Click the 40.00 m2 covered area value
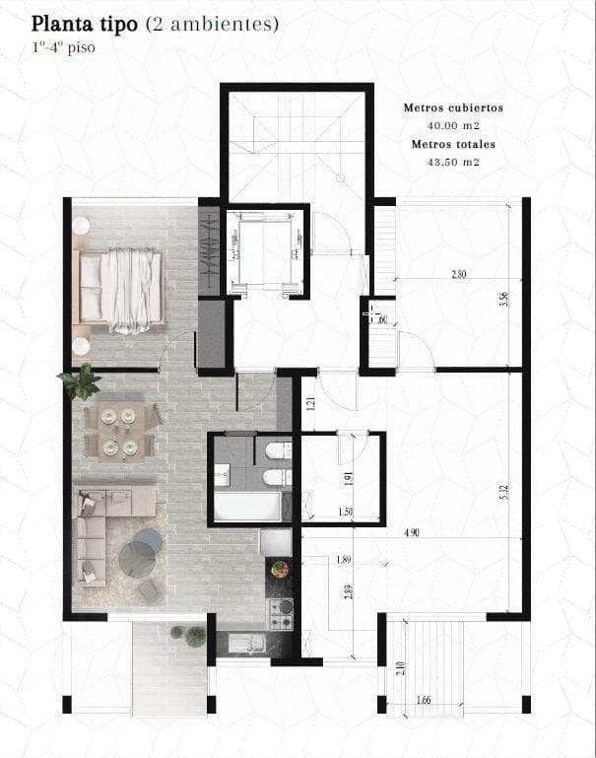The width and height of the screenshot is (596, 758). pos(453,126)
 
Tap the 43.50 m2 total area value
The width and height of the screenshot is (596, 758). pos(453,162)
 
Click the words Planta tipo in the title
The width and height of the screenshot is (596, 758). pos(85,24)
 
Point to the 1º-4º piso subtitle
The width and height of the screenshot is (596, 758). pos(63,48)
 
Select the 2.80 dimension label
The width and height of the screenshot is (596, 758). pos(459,274)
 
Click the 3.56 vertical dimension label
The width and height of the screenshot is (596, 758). pos(504,300)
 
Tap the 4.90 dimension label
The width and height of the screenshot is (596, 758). pos(412,532)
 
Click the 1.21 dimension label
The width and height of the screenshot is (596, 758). pos(311,404)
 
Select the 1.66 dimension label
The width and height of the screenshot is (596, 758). pos(423,700)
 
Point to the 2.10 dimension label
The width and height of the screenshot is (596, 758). pos(403,668)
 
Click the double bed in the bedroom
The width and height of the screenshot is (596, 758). pos(118,290)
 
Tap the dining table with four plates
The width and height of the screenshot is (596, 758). pos(119,432)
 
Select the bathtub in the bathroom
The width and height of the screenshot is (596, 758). pos(247,507)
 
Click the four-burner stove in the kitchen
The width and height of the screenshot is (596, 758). pos(281,614)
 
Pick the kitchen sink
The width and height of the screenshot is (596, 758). pos(247,643)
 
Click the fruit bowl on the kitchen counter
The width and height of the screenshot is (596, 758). pos(280,569)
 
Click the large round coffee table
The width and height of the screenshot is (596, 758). pos(138,560)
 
